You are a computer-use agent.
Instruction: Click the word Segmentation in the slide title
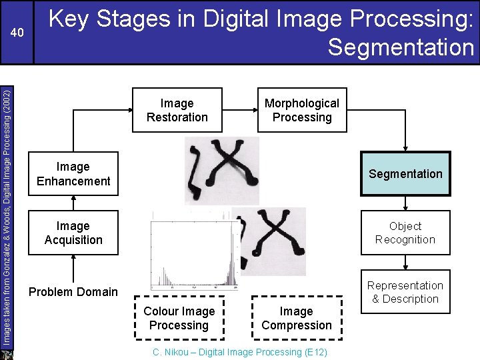[x=401, y=47]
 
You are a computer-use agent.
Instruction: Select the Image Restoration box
[x=177, y=110]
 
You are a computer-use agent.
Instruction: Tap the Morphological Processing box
[x=301, y=110]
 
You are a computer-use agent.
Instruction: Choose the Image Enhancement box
[x=73, y=174]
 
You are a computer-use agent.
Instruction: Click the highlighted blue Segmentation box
[x=405, y=174]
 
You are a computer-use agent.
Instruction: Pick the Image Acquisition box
[x=73, y=233]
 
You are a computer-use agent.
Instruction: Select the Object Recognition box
[x=405, y=233]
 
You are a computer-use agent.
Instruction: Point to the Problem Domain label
[x=73, y=291]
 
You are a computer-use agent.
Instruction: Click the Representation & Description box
[x=405, y=292]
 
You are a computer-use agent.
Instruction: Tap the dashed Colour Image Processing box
[x=179, y=318]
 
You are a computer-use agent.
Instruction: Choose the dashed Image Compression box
[x=296, y=318]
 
